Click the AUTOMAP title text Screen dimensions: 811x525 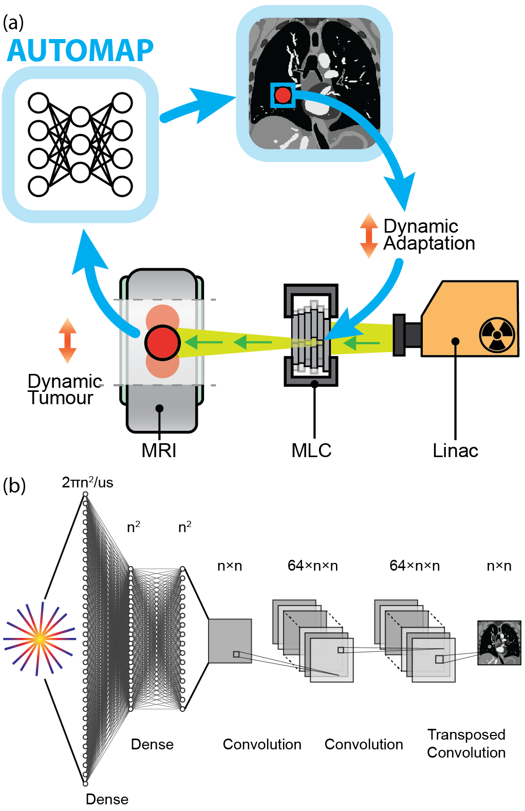coord(80,51)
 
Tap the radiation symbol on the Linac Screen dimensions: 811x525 coord(497,334)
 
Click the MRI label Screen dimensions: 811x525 coord(159,450)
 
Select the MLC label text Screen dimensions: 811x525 coord(311,450)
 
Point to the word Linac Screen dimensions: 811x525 coord(455,450)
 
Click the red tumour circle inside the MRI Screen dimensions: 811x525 coord(162,343)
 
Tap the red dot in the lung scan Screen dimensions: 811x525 coord(283,95)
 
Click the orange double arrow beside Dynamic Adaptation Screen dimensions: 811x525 coord(368,235)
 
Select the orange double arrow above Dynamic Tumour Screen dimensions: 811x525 coord(67,341)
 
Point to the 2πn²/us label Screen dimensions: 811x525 coord(87,482)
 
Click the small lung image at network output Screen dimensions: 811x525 coord(499,643)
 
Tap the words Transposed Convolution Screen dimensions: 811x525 coord(466,743)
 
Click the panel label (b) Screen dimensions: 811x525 coord(14,485)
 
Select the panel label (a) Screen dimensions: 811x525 coord(13,22)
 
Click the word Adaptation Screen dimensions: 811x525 coord(429,243)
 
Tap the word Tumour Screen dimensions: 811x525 coord(61,398)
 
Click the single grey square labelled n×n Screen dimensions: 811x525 coord(230,640)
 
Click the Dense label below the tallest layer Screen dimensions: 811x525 coord(107,799)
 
